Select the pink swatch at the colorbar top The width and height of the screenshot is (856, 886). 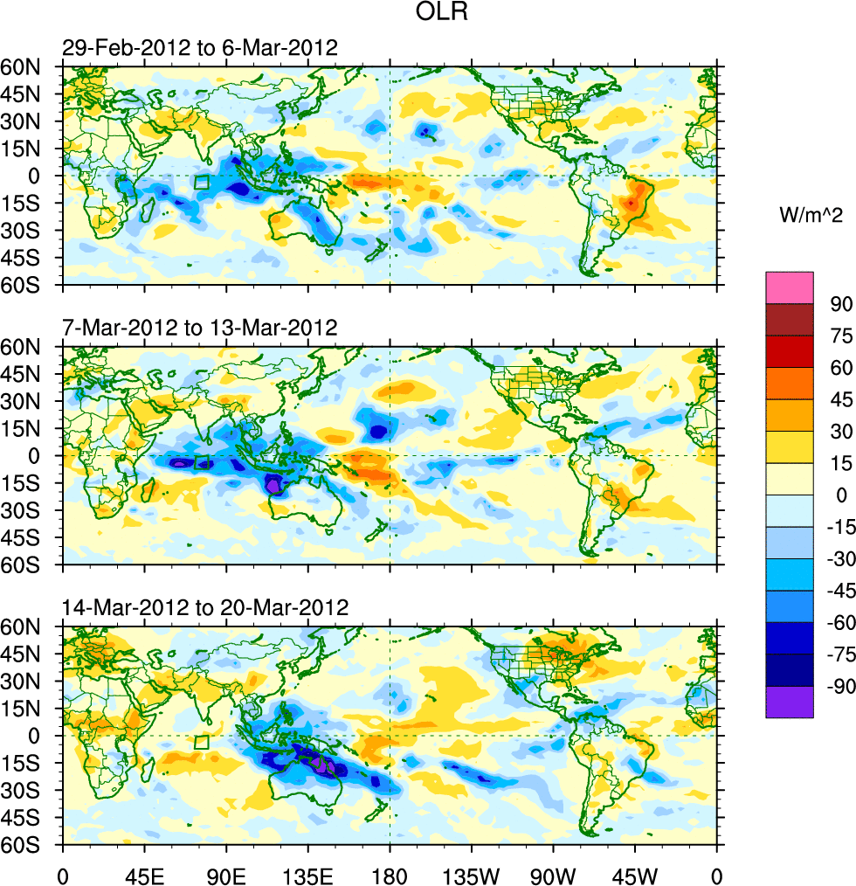coord(790,287)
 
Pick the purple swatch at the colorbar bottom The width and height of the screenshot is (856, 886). coord(790,702)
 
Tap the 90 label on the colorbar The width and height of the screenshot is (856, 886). coord(841,303)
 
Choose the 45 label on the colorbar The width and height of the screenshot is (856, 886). coord(841,399)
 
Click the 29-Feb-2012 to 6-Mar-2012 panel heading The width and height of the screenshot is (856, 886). coord(200,48)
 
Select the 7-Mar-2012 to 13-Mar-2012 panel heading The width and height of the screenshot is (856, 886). coord(200,329)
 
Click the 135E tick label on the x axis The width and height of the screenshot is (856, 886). coord(307,874)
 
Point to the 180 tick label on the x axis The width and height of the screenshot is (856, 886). coord(390,874)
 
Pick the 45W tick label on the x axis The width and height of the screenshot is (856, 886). coord(635,874)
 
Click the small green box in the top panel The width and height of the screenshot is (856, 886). coord(202,182)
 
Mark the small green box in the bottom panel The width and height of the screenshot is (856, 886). coord(202,742)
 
